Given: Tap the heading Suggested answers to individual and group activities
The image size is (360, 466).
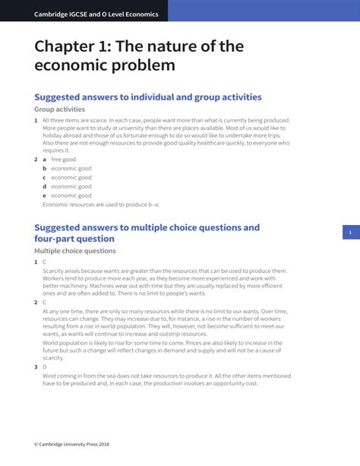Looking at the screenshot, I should tap(148, 97).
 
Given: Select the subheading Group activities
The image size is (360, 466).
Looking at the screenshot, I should tap(59, 109).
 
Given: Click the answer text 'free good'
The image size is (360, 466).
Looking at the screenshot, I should tap(63, 160).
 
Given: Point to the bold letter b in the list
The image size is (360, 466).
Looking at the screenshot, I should tap(44, 169).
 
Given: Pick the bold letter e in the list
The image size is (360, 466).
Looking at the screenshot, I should tap(44, 195).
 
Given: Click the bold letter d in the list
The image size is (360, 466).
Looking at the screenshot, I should tap(44, 186).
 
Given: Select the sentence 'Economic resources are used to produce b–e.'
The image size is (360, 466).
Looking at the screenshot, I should tap(101, 204).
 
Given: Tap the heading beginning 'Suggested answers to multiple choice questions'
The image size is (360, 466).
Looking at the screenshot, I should tap(147, 227).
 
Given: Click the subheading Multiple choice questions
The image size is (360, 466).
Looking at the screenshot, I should tap(75, 251).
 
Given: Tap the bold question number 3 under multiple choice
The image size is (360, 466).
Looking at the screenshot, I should tap(35, 366).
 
